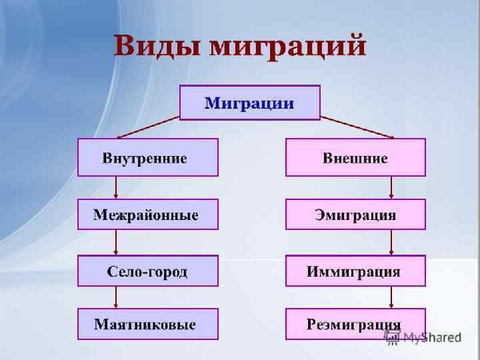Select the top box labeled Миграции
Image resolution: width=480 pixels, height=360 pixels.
pos(250,102)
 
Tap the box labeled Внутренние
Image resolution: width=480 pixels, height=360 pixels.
pos(148,157)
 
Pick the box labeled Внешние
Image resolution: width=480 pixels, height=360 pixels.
pos(355,157)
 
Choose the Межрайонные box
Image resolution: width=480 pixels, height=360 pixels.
pos(148,214)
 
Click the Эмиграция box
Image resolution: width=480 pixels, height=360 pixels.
pos(355,214)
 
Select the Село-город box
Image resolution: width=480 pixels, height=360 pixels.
pos(148,271)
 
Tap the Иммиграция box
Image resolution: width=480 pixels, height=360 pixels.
pos(355,271)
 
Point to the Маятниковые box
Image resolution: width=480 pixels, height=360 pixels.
pos(148,324)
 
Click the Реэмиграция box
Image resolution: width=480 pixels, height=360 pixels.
pos(355,324)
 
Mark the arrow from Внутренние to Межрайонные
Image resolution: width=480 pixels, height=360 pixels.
pos(117,187)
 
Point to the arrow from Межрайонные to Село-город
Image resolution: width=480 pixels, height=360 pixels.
pos(117,243)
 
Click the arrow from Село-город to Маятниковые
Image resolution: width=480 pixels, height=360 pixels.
pos(117,297)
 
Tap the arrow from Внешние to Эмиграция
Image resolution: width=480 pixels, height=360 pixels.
pos(391,187)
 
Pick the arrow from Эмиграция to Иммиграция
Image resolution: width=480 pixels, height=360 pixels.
pos(391,243)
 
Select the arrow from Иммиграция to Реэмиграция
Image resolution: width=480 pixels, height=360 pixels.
pos(391,297)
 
